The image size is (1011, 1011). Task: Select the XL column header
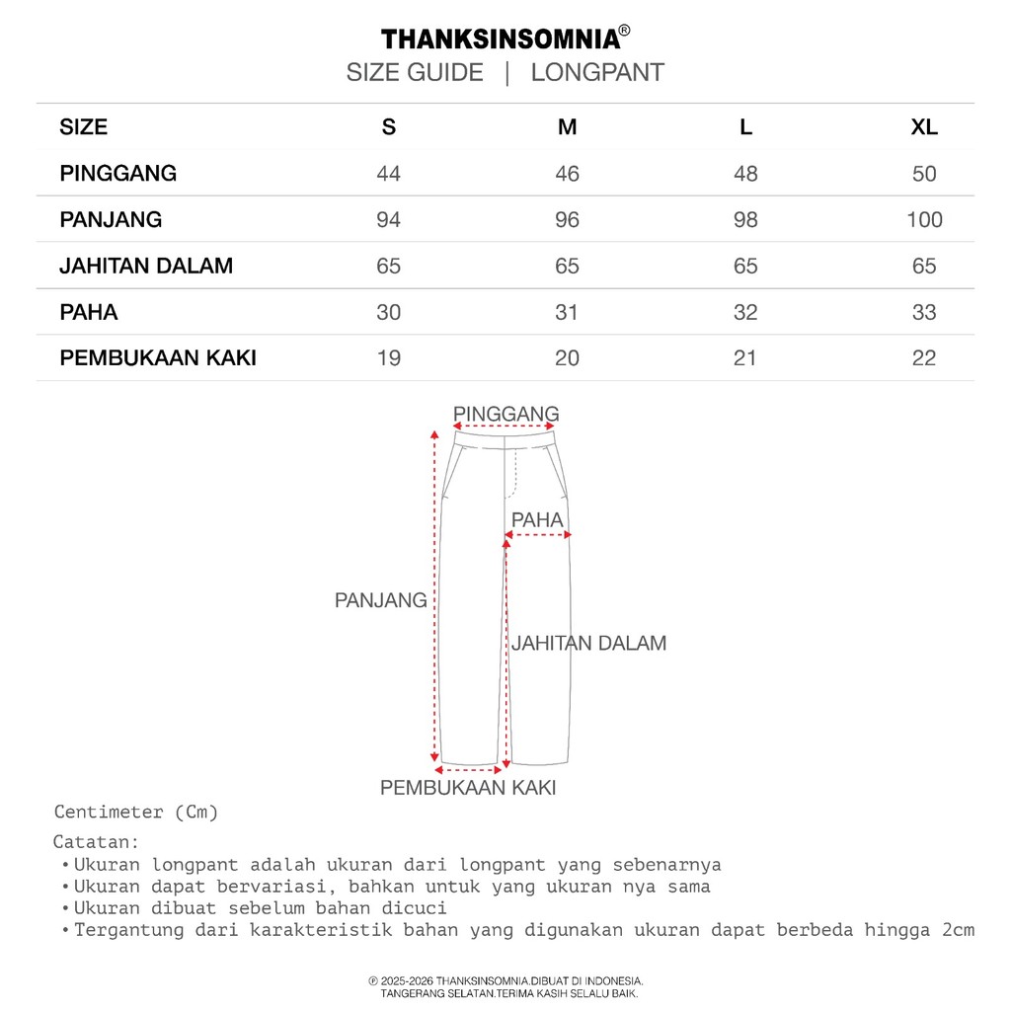[924, 127]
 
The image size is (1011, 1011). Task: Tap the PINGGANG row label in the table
[118, 174]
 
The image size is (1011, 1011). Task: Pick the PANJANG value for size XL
[924, 220]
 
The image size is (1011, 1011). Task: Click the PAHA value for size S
[389, 313]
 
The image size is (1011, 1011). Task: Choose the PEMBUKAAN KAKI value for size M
[567, 358]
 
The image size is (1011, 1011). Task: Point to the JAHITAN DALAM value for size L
[745, 267]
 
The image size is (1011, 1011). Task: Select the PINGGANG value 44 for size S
[389, 174]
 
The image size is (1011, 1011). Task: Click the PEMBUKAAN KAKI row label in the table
[158, 358]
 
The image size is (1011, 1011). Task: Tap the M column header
[567, 127]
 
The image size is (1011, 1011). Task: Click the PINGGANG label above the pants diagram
[505, 414]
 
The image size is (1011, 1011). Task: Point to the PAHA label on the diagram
[537, 520]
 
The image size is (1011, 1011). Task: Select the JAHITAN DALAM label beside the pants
[588, 644]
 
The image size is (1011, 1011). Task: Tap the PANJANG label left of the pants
[381, 600]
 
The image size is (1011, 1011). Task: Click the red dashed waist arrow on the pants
[505, 428]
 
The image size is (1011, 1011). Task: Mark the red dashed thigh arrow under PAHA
[537, 536]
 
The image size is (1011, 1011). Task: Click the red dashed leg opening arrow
[470, 768]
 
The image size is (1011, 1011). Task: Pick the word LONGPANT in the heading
[597, 73]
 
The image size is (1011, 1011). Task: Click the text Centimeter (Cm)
[136, 813]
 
